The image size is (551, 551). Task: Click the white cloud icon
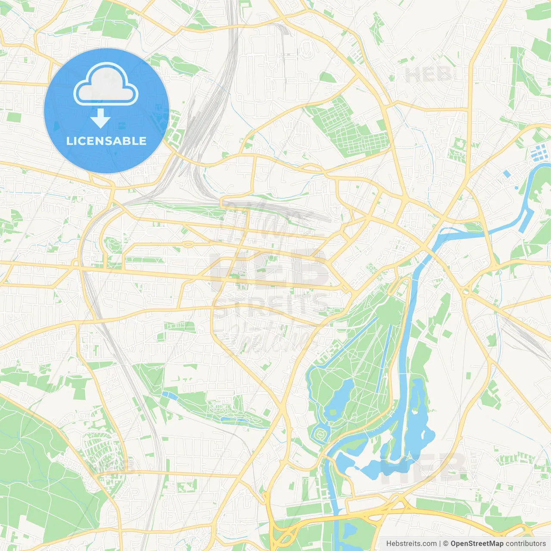106,84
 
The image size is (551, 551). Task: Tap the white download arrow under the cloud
100,118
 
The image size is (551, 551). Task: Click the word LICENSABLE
106,141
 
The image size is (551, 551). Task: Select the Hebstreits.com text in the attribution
411,544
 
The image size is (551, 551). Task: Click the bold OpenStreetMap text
477,544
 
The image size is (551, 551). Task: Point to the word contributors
526,544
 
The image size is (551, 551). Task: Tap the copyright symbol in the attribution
446,544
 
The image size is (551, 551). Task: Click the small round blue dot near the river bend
516,188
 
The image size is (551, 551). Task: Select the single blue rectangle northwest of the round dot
507,174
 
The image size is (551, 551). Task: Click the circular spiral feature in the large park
321,436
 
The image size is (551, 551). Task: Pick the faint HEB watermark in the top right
428,75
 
